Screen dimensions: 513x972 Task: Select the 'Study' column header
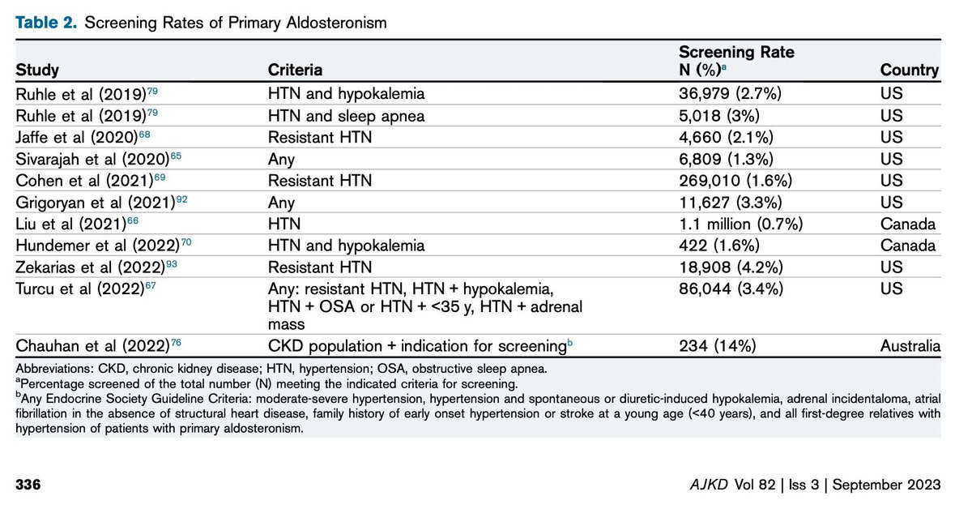37,70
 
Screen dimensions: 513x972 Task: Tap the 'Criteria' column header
294,70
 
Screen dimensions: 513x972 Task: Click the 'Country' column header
909,70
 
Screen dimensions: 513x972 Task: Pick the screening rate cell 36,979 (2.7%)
729,94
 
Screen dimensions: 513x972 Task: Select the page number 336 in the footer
29,485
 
